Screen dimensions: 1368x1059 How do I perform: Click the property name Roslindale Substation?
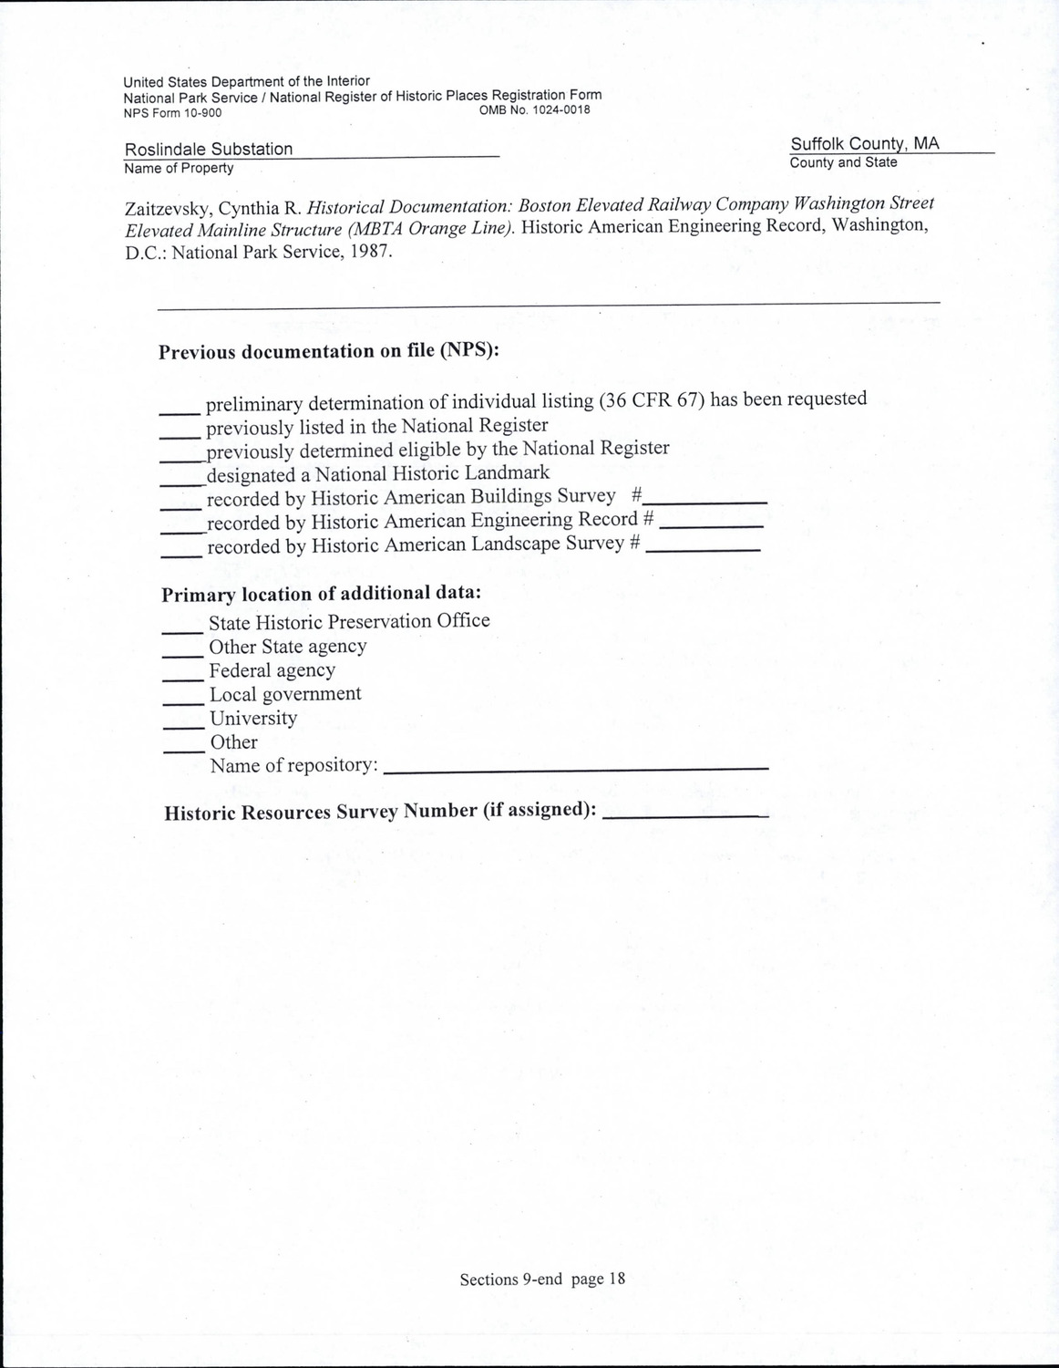tap(209, 149)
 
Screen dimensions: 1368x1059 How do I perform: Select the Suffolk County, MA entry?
tap(864, 144)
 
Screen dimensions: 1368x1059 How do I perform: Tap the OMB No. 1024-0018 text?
tap(534, 110)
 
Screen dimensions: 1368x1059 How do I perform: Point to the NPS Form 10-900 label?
tap(172, 113)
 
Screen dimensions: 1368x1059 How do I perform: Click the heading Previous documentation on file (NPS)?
tap(329, 351)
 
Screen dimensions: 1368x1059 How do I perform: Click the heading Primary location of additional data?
tap(322, 594)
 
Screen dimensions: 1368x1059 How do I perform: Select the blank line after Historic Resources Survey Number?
tap(685, 813)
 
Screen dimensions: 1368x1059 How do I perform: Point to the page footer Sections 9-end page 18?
tap(542, 1279)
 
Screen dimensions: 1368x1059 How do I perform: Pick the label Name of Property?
tap(179, 168)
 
